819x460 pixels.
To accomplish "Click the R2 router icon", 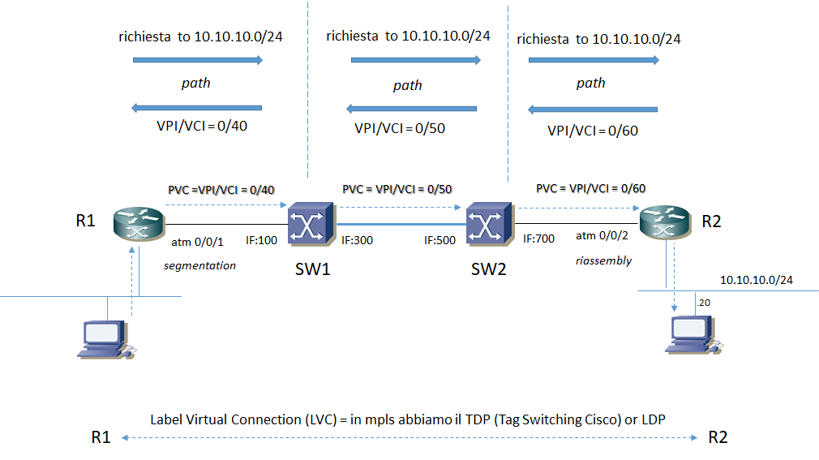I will (663, 221).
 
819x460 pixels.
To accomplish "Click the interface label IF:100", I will (262, 241).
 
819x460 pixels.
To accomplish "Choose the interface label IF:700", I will (539, 239).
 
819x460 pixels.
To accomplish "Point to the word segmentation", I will (199, 265).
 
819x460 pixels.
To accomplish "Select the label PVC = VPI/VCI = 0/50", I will (397, 189).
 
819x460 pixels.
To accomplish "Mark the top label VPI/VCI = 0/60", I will (593, 131).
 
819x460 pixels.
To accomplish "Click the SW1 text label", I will (311, 269).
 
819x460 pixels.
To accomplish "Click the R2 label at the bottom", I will (718, 438).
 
